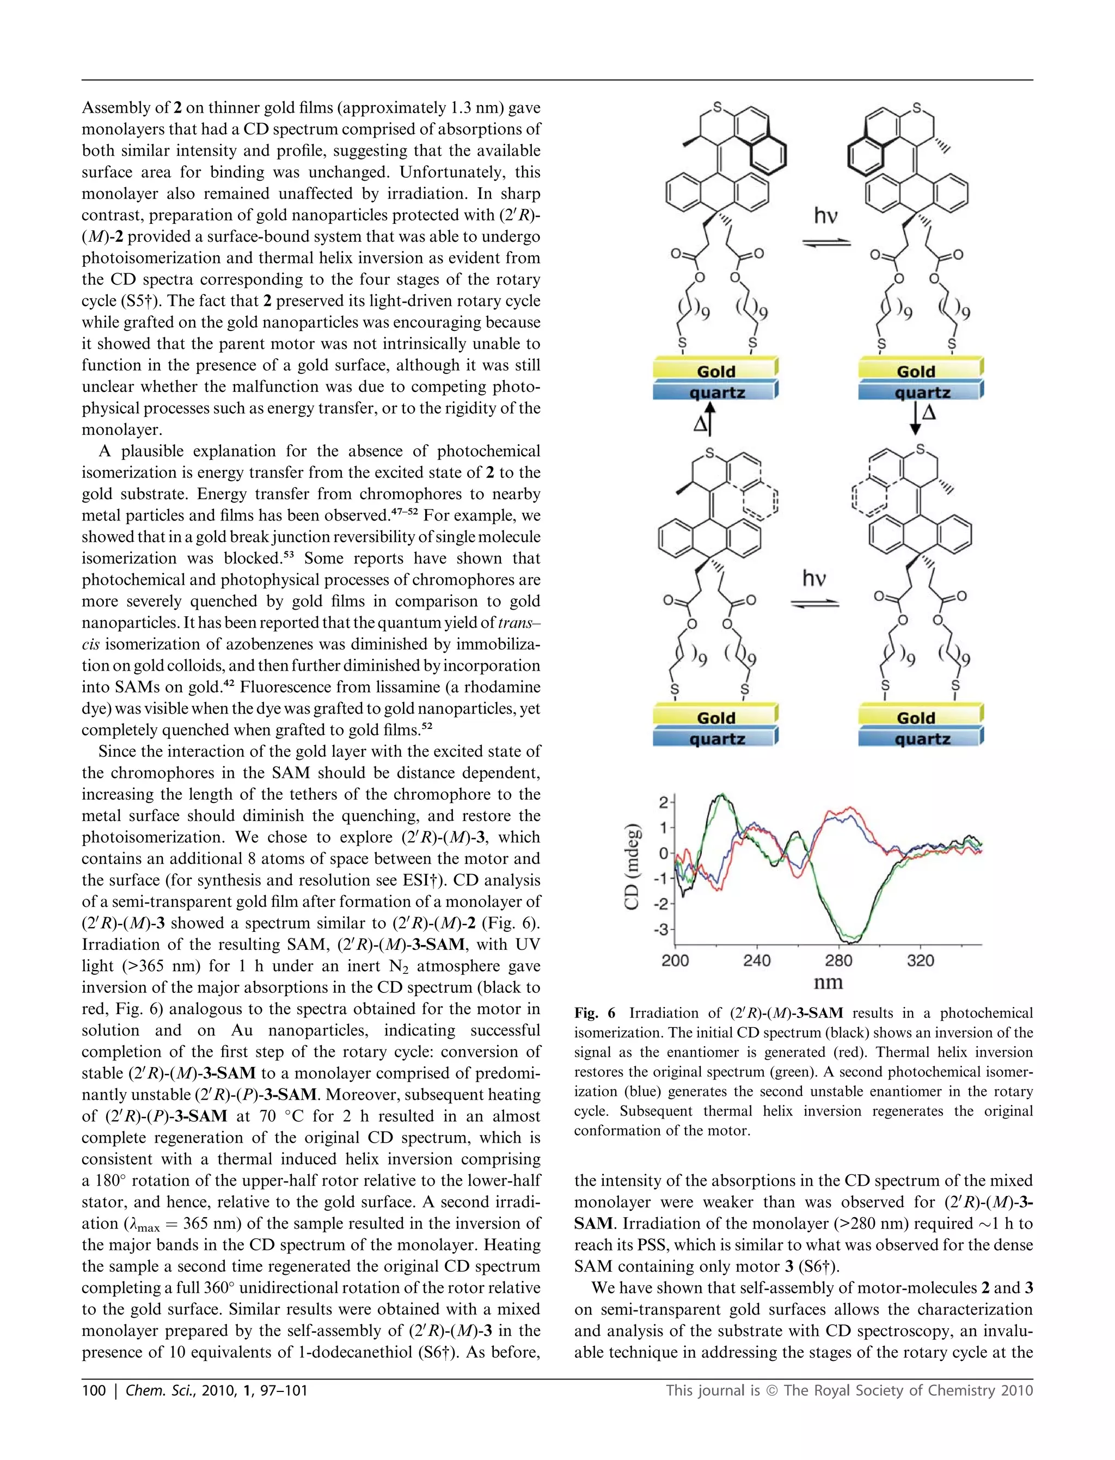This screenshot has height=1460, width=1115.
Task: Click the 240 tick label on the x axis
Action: [x=757, y=960]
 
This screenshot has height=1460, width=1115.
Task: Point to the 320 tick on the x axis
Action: [x=921, y=960]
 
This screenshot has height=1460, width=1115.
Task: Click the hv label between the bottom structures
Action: [x=814, y=578]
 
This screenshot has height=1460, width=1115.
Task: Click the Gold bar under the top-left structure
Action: [x=715, y=371]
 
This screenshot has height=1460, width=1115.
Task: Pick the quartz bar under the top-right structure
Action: [x=921, y=392]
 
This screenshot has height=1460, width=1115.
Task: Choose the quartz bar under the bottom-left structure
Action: [x=715, y=739]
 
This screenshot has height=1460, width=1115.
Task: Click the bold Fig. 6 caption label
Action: [x=595, y=1013]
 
